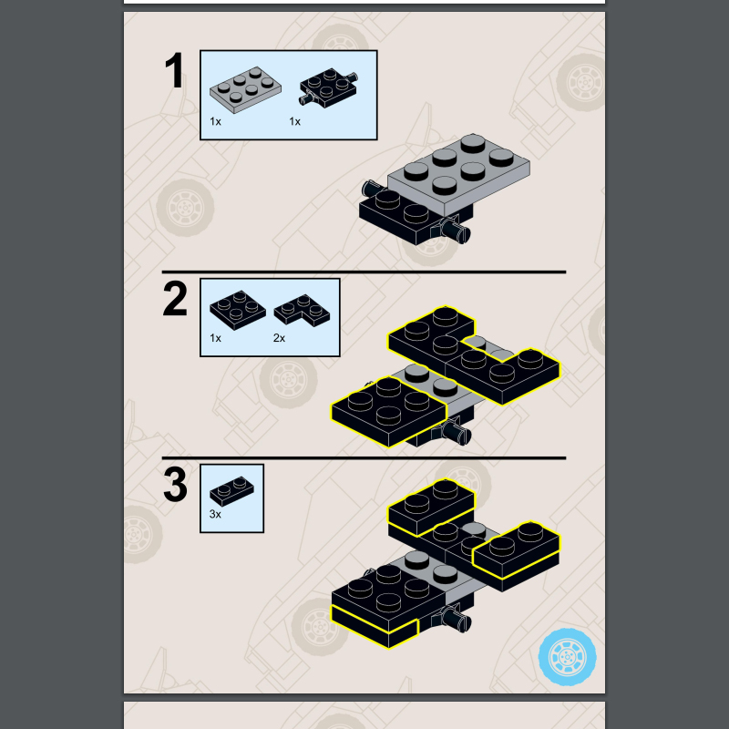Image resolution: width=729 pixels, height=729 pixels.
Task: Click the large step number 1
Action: click(x=174, y=72)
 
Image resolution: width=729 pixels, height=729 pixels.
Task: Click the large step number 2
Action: click(x=175, y=301)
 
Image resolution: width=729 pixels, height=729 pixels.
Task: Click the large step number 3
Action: click(x=175, y=485)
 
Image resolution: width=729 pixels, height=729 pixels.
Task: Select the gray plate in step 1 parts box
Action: click(x=243, y=88)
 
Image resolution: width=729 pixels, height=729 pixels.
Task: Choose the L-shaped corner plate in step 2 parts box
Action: click(x=304, y=310)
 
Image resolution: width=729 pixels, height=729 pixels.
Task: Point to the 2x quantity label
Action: click(x=279, y=338)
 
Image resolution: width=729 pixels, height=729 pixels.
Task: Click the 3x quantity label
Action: click(x=215, y=514)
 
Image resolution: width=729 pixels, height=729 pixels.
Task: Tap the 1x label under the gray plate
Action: click(x=215, y=120)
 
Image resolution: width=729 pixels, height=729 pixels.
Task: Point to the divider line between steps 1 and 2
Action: click(x=364, y=272)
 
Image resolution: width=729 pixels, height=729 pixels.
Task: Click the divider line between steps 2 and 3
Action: click(x=364, y=457)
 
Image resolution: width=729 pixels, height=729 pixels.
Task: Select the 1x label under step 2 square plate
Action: click(x=215, y=338)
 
